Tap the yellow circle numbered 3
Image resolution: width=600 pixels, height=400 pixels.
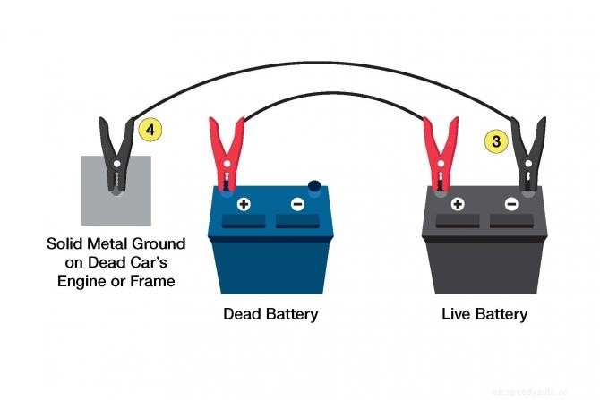click(493, 140)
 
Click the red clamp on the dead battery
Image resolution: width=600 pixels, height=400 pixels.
click(226, 152)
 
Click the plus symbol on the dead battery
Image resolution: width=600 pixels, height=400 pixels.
click(244, 204)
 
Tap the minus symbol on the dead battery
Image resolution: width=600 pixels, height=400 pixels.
click(297, 204)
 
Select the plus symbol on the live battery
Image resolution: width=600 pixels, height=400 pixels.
click(458, 204)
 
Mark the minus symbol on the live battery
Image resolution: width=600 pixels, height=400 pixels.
click(511, 204)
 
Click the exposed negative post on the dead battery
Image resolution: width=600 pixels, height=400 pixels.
click(314, 187)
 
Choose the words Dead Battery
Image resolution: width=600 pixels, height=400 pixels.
click(270, 315)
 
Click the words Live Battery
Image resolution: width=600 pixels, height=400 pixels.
click(484, 315)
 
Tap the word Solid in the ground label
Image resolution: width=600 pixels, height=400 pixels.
click(66, 243)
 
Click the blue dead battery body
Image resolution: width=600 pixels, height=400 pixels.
click(270, 260)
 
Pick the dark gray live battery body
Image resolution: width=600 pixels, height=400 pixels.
click(484, 260)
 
